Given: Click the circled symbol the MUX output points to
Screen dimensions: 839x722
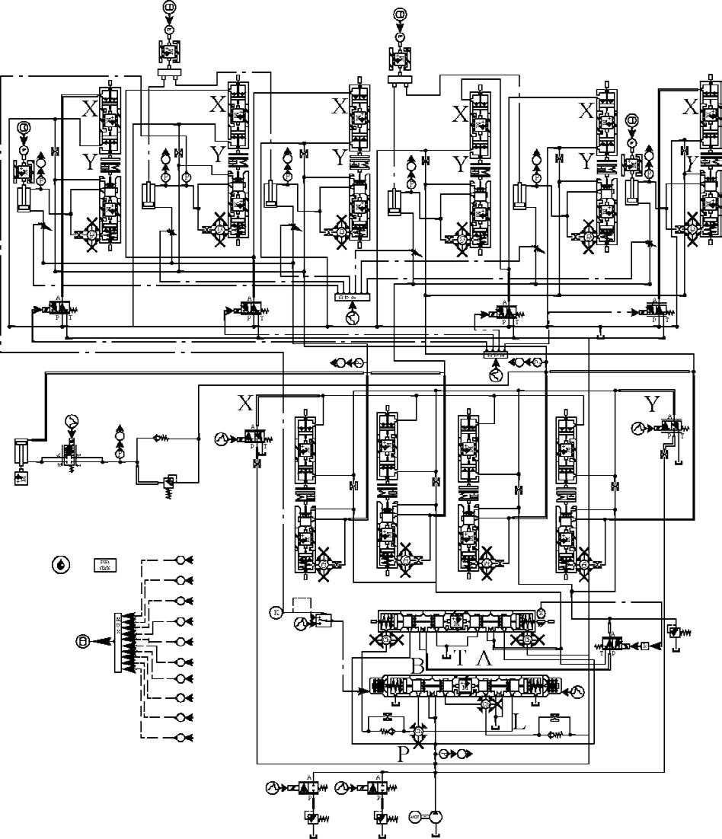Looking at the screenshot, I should point(82,641).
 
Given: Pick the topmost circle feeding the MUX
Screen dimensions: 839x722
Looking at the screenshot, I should point(181,560).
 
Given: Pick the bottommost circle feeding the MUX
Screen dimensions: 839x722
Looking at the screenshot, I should point(181,737).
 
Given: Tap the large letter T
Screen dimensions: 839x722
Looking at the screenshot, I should point(459,659).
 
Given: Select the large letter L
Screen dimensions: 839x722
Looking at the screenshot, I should point(519,719).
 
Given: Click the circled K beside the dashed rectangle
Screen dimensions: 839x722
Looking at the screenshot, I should point(276,611).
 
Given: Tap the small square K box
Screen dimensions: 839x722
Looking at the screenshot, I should point(645,646).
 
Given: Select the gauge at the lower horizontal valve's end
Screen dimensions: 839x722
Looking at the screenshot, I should point(577,691).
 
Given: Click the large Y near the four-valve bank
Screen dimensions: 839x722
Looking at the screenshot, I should point(652,404).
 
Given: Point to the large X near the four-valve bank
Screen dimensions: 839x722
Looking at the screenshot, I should point(244,404).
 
